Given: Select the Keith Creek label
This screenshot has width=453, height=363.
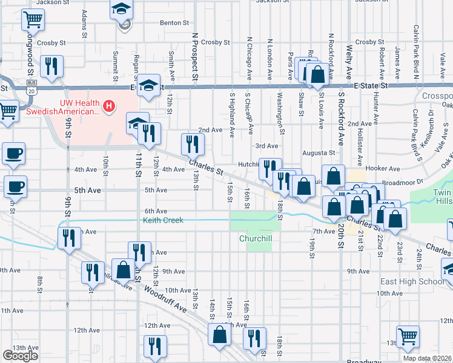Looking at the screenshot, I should coord(163,220).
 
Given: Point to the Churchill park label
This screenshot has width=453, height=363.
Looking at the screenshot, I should coord(256,238).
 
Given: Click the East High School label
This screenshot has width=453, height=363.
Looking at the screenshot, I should coord(412,282).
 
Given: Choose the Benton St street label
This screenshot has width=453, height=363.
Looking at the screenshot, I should coord(174,23).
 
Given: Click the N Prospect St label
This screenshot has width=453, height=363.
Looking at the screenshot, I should coord(195,57).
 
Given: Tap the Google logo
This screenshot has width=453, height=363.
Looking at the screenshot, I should coord(20,356).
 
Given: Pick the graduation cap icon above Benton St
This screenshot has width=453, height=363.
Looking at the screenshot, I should coord(121,10).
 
